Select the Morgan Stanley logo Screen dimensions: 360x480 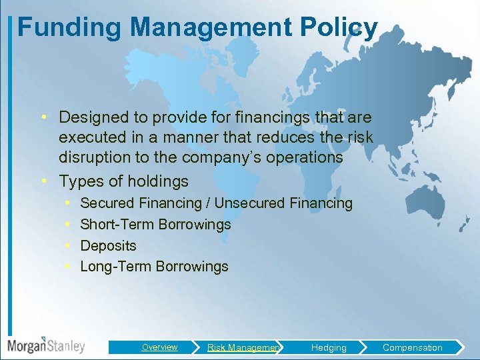coord(46,345)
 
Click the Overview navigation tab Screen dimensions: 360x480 coord(159,347)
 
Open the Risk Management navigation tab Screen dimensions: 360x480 coord(243,347)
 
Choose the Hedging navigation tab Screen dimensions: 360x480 coord(329,347)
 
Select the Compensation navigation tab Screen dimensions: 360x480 coord(412,347)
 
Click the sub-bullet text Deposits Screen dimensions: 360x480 coord(108,245)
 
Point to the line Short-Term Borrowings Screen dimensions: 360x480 coord(155,224)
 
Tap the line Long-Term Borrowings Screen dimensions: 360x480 coord(154,267)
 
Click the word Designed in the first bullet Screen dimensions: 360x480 coord(97,117)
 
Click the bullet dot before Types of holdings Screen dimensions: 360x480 coord(43,181)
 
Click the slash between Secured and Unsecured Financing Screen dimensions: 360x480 coord(208,203)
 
